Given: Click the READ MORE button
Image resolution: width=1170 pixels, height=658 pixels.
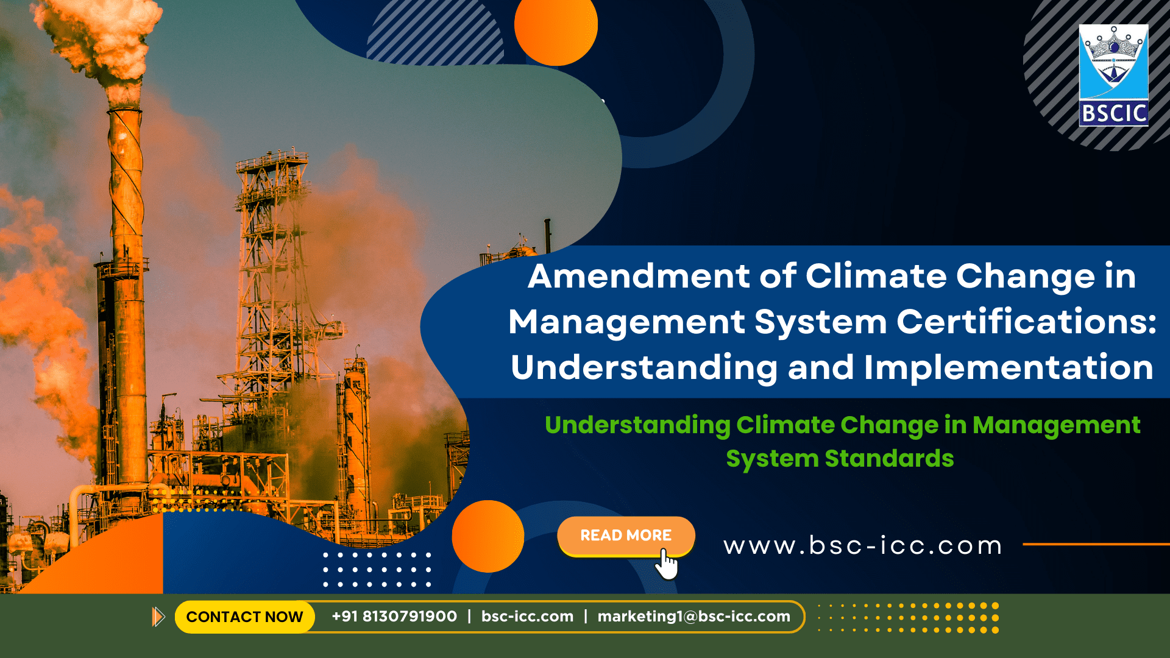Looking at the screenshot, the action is coord(626,536).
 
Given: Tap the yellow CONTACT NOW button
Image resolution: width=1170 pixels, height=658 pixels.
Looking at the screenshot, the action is coord(244,617).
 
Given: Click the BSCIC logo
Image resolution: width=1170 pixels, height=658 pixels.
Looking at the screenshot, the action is coord(1113,76).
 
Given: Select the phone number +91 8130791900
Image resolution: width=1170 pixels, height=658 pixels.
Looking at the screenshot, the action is coord(394,617).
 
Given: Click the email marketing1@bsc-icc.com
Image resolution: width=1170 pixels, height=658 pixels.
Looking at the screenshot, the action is coord(693,617).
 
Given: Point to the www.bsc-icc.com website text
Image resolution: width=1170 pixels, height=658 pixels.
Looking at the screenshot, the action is coord(863,545).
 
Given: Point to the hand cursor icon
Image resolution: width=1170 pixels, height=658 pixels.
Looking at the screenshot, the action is coord(667,564).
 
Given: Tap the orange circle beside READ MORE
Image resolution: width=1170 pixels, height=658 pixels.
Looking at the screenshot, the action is coord(487,536).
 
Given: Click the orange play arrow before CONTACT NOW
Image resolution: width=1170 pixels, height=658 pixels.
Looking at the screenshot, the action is coord(158,617).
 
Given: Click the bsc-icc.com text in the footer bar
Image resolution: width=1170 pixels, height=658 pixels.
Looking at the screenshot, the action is coord(527,617).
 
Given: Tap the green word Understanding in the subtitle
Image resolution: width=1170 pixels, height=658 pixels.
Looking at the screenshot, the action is coord(637,426).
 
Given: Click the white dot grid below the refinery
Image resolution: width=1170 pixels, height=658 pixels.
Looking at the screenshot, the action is coord(377,570).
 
